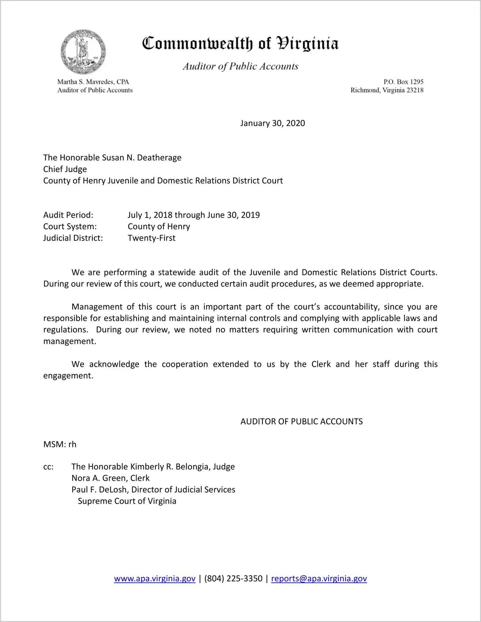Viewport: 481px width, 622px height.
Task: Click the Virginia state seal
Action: pos(83,52)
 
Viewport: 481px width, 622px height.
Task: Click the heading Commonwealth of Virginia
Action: pos(240,43)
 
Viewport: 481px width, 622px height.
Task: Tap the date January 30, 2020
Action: pos(272,123)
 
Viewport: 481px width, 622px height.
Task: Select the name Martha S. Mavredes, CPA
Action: pos(93,82)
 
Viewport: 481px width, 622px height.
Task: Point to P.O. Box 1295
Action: pos(403,82)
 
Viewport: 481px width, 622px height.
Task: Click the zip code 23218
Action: pos(415,90)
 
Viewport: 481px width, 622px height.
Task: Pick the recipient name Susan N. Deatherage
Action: pos(141,158)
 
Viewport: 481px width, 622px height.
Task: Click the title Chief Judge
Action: pos(65,169)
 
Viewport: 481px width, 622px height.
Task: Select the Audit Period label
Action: pos(68,215)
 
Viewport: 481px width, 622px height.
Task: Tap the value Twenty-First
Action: pos(151,238)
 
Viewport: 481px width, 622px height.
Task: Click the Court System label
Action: pos(70,226)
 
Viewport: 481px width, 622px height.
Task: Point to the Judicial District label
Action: pos(73,238)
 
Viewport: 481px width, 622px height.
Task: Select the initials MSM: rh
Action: pos(60,445)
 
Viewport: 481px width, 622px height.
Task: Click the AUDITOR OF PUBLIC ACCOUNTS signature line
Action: pos(301,422)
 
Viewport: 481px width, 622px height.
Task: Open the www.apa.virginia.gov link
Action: pos(155,579)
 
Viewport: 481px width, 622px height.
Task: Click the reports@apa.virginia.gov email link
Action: pos(319,579)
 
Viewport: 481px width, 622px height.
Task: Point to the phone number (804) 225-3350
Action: pos(233,579)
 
